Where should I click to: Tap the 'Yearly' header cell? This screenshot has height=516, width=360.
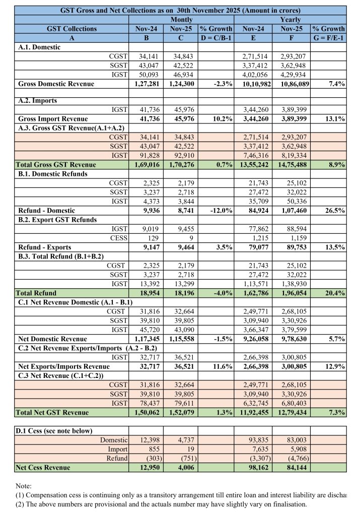pyautogui.click(x=293, y=19)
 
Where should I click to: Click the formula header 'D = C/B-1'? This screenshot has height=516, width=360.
pyautogui.click(x=215, y=38)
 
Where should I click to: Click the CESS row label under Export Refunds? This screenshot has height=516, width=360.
pyautogui.click(x=119, y=238)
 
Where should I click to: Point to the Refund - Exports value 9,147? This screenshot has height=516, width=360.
pyautogui.click(x=149, y=247)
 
